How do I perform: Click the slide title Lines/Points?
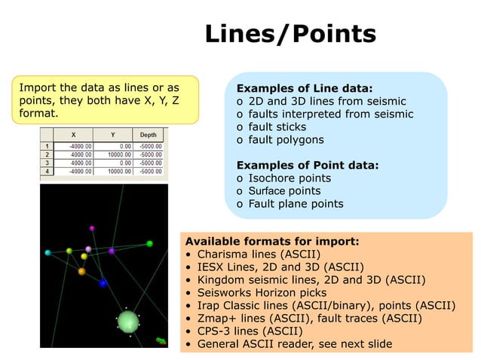tap(290, 34)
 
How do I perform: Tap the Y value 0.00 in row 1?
tap(122, 145)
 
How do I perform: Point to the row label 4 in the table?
tap(46, 171)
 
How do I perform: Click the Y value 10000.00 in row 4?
tap(114, 171)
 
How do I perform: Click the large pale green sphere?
tap(128, 322)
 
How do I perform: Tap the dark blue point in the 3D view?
tap(103, 282)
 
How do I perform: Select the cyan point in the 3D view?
tap(47, 252)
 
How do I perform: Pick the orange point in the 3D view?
tap(81, 271)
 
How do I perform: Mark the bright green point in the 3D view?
tap(149, 243)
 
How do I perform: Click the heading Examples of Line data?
tap(305, 87)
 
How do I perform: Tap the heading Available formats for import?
tap(272, 242)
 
